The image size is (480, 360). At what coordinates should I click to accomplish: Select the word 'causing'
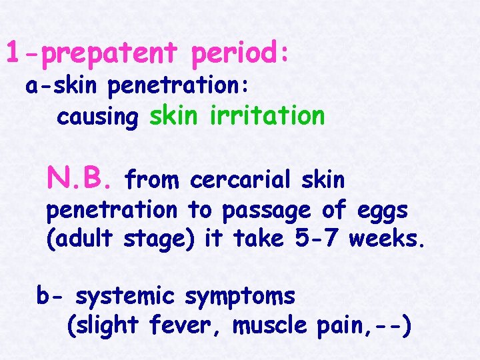coord(97,117)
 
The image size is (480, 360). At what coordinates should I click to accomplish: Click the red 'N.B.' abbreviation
coord(81,178)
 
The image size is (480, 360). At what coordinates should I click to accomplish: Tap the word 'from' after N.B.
coord(153,179)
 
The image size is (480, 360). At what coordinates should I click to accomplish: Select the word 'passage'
coord(267,210)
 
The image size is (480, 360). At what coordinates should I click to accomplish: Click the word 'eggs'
coord(384,210)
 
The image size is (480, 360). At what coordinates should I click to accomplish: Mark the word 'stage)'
coord(161,238)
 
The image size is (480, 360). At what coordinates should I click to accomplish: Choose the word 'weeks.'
coord(387,237)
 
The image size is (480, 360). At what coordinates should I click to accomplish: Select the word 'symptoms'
coord(240,296)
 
